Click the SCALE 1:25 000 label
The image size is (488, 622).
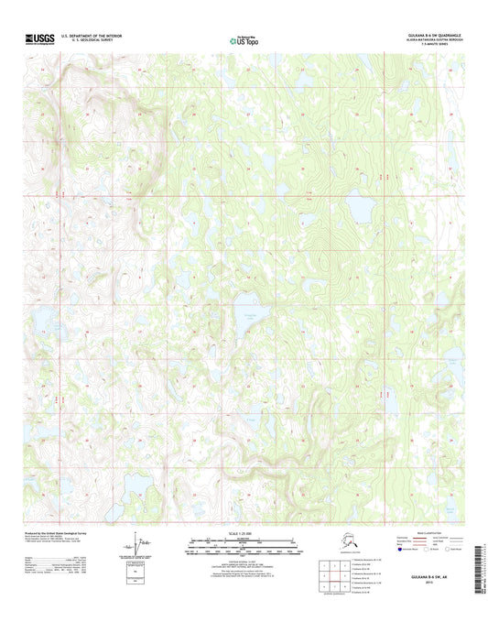click(x=244, y=533)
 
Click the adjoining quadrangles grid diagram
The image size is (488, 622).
click(x=329, y=575)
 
